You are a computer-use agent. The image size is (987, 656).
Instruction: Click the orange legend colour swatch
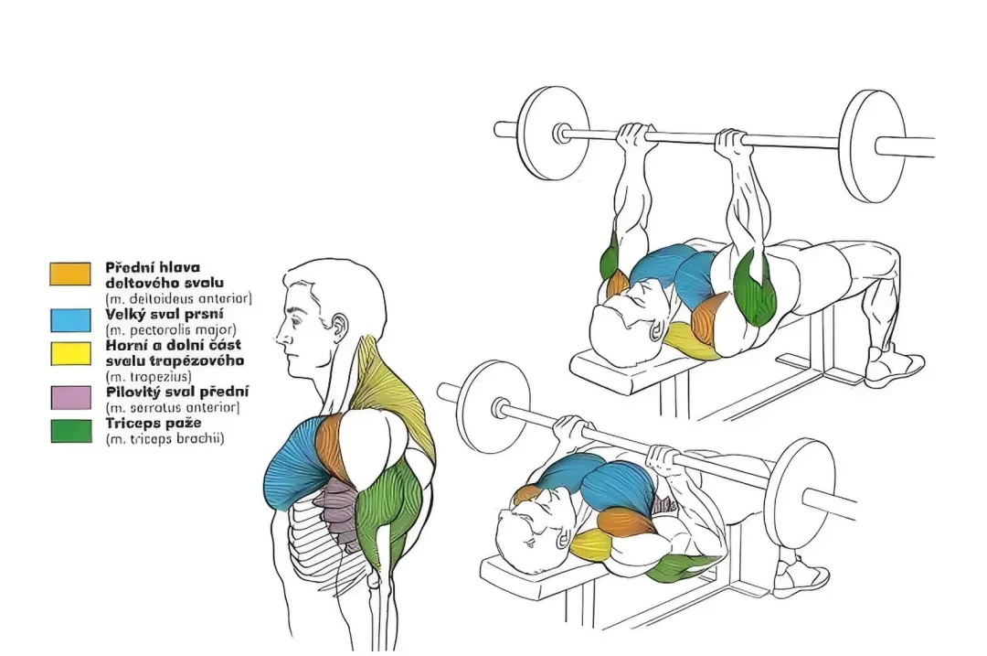pyautogui.click(x=69, y=274)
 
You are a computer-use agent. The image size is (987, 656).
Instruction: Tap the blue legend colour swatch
pyautogui.click(x=69, y=320)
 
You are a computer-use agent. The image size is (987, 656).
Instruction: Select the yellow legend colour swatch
pyautogui.click(x=69, y=353)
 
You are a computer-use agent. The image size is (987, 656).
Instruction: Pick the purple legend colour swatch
pyautogui.click(x=69, y=398)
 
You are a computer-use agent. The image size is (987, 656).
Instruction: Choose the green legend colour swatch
pyautogui.click(x=69, y=430)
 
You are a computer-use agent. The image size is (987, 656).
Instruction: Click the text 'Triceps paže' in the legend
pyautogui.click(x=153, y=424)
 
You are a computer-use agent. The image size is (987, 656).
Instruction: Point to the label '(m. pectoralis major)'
pyautogui.click(x=171, y=329)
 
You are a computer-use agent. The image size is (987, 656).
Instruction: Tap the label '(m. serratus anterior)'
pyautogui.click(x=173, y=408)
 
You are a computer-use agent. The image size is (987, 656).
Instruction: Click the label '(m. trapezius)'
pyautogui.click(x=149, y=377)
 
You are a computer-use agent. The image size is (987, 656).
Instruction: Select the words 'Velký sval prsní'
pyautogui.click(x=164, y=314)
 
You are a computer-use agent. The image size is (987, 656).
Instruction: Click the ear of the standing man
pyautogui.click(x=338, y=329)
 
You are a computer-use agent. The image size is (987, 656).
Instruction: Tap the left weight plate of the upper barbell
pyautogui.click(x=553, y=133)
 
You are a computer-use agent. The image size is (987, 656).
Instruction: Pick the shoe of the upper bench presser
pyautogui.click(x=894, y=365)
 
